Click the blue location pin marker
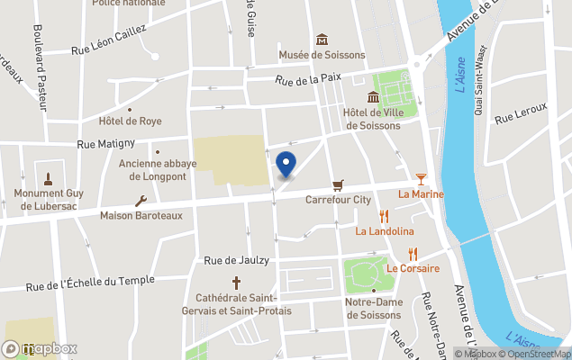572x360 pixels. (286, 165)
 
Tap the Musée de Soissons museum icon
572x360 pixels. (322, 40)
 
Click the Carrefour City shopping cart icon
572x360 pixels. (338, 184)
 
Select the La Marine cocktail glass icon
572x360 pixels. (421, 179)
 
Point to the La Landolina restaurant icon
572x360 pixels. (385, 216)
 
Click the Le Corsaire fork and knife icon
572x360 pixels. (413, 254)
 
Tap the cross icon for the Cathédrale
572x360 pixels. (238, 283)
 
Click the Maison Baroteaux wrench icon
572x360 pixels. (141, 201)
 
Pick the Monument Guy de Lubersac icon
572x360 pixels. (48, 177)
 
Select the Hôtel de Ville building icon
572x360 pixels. (372, 97)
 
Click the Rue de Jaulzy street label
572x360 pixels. (237, 260)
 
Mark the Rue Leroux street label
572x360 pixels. (521, 112)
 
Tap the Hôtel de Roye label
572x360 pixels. (131, 121)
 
